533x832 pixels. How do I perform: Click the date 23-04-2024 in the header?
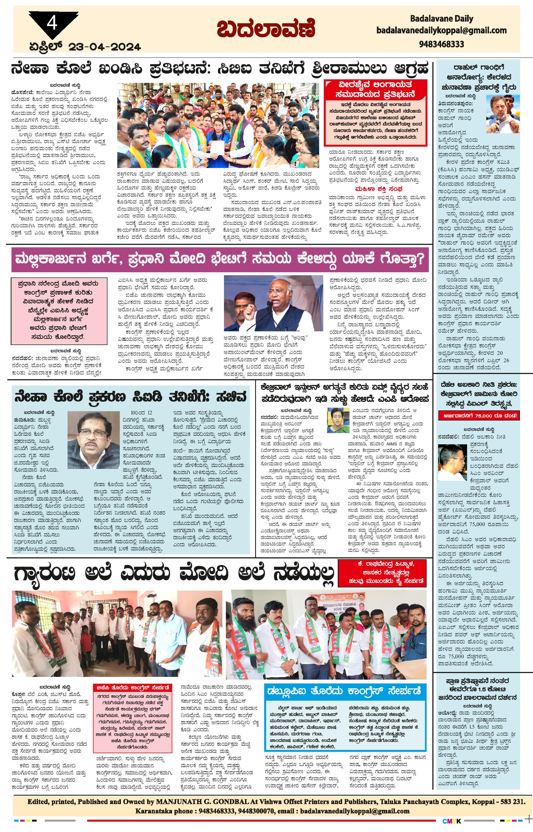(x=104, y=47)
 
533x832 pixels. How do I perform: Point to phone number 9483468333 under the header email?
(x=441, y=44)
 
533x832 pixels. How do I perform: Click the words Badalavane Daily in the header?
(x=441, y=18)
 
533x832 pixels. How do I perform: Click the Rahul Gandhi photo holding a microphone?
(x=500, y=113)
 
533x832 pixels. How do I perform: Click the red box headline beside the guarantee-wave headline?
(x=382, y=573)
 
